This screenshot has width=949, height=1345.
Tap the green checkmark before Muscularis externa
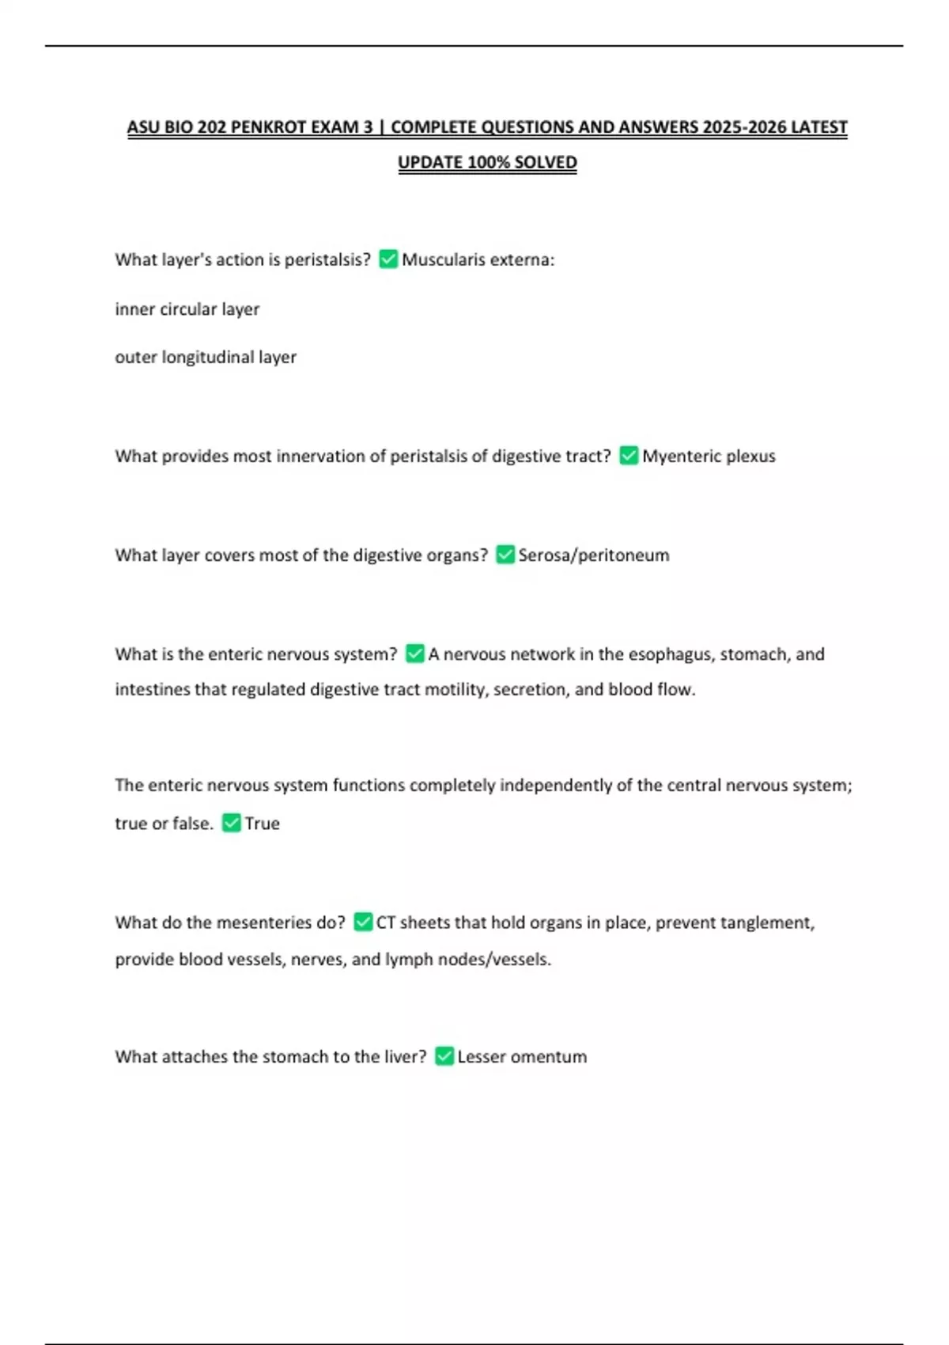coord(388,259)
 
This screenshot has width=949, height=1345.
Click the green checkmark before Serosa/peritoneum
coord(505,555)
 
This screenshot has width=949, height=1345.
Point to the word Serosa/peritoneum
coord(593,555)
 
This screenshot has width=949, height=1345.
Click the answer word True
coord(262,824)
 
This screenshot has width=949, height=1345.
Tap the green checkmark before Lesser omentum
coord(444,1056)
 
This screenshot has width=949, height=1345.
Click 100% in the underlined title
coord(488,163)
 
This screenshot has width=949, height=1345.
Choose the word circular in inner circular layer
coord(187,309)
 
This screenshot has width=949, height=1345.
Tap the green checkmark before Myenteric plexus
coord(629,456)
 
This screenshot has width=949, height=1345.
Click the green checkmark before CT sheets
coord(363,922)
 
